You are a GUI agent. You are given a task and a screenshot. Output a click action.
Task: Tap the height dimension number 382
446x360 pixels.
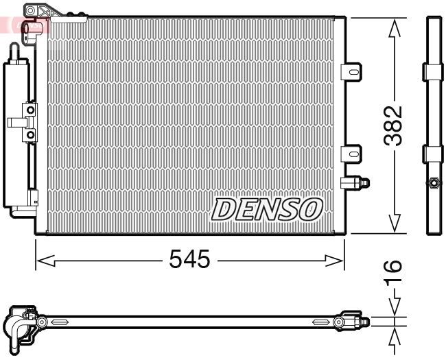pyautogui.click(x=393, y=125)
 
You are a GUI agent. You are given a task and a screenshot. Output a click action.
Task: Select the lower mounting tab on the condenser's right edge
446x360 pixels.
pyautogui.click(x=351, y=152)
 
